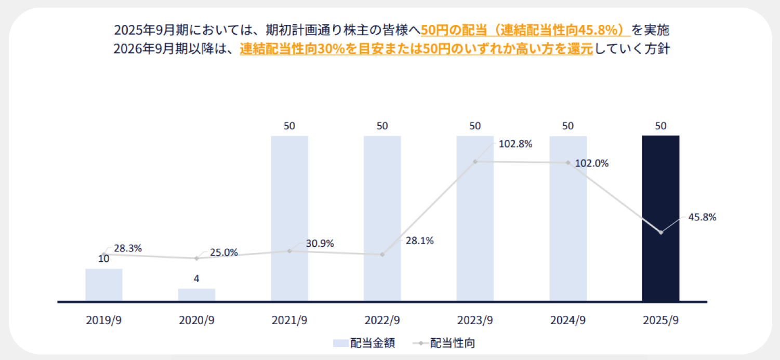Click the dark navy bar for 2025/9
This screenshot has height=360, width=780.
pos(660,218)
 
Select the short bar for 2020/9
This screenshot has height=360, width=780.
pos(196,295)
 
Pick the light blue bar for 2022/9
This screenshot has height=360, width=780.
pos(382,218)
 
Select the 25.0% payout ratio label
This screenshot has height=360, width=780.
pos(224,253)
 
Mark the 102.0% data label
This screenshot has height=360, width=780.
pos(591,163)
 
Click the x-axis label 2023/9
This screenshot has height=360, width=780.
pos(475,321)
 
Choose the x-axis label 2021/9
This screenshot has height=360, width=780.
pos(289,321)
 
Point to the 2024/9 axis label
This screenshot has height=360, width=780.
pos(568,321)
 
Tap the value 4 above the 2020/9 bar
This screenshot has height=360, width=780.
pos(196,279)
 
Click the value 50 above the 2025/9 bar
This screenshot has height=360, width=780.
pos(660,126)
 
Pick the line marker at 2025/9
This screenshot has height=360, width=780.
pos(660,232)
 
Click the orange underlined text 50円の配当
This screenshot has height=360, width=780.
pos(452,30)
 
